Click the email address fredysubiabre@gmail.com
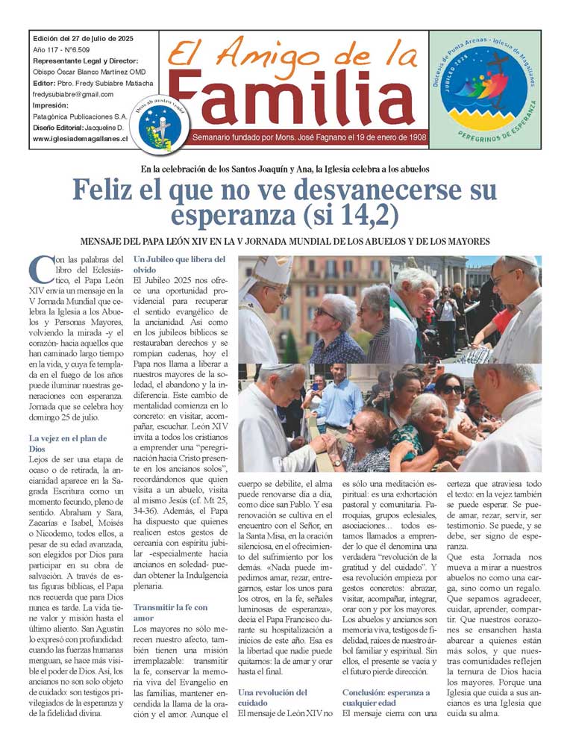pyautogui.click(x=73, y=95)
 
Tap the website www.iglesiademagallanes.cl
pyautogui.click(x=80, y=139)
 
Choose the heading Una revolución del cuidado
pyautogui.click(x=272, y=697)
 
